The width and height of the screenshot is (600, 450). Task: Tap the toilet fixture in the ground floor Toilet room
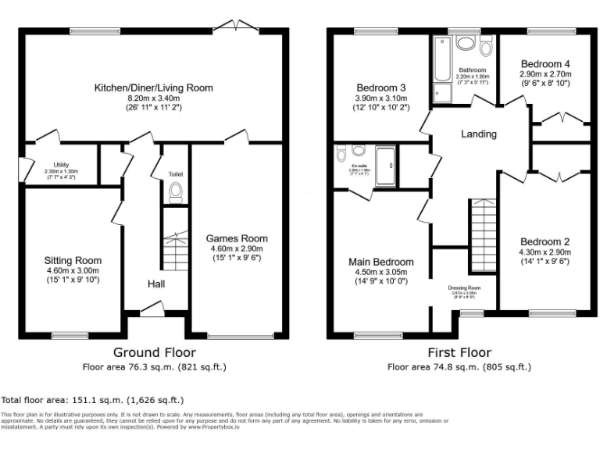click(175, 191)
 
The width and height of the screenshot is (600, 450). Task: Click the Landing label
click(478, 134)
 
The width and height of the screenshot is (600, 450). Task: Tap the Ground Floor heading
click(155, 352)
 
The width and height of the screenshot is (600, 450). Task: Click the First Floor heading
click(459, 352)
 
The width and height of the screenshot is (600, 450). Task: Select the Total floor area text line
click(93, 398)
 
